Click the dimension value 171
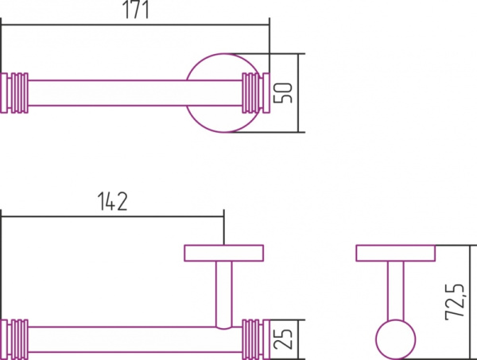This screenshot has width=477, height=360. [136, 10]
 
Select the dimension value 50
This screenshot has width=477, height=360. [283, 93]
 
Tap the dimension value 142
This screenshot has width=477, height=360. [112, 201]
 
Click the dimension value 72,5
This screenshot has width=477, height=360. [455, 302]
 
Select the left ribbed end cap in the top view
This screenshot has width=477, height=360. [14, 93]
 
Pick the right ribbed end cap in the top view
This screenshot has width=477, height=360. [256, 93]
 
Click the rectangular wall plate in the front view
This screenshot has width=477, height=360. [224, 253]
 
